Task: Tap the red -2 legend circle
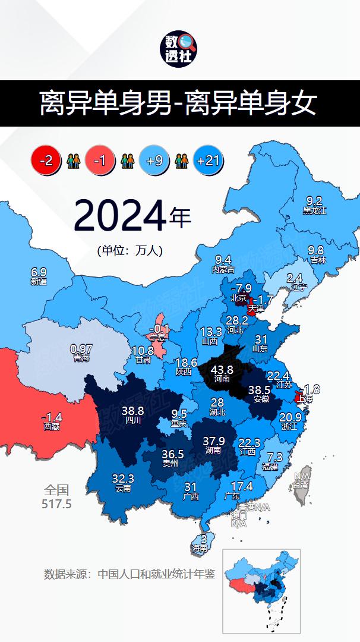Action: tap(46, 160)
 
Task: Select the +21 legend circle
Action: tap(208, 160)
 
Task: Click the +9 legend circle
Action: tap(155, 160)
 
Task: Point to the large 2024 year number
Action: tap(119, 216)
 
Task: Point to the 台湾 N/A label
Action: tap(301, 480)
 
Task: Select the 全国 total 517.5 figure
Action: tap(57, 498)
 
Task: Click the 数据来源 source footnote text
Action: tap(130, 574)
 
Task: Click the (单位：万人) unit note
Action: tap(130, 251)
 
